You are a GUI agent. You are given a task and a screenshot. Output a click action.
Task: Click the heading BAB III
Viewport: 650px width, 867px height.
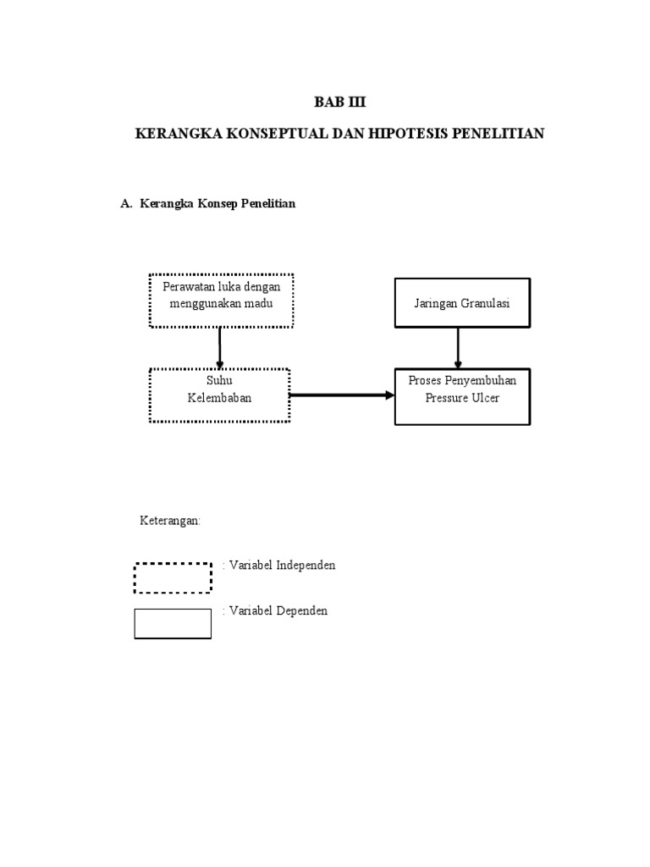[341, 102]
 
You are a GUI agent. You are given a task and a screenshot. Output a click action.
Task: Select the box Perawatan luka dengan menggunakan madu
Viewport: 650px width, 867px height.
[221, 301]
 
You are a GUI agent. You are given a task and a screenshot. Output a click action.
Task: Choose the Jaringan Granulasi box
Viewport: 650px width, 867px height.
[462, 303]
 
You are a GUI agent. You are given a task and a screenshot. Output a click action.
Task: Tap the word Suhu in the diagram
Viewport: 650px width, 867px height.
[220, 382]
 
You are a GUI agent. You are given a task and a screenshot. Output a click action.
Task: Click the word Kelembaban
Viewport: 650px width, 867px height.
[220, 398]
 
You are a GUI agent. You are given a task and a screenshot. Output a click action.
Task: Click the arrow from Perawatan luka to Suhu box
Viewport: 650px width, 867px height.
[220, 347]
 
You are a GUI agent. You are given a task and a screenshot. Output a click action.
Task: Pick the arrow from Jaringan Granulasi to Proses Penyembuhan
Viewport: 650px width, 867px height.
[458, 347]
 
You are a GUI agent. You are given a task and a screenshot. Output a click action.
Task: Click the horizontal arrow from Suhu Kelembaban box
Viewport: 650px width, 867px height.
[342, 395]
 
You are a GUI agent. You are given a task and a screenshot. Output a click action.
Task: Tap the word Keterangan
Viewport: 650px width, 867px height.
[170, 521]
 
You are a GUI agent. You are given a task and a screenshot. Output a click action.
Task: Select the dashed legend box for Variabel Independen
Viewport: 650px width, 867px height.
[173, 577]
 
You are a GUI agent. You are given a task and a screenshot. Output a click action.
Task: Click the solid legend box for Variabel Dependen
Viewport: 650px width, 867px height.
[173, 623]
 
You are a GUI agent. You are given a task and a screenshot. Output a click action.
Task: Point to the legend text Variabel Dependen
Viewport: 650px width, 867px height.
[277, 610]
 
